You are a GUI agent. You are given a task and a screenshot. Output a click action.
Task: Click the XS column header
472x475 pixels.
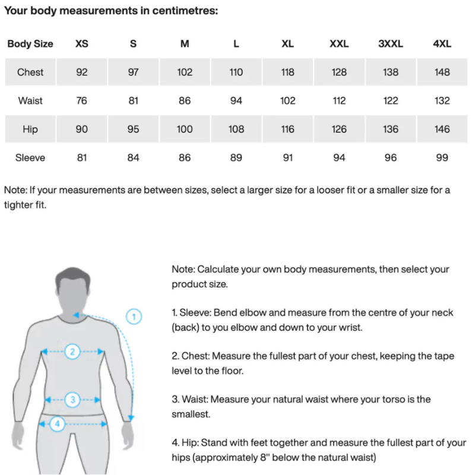82,44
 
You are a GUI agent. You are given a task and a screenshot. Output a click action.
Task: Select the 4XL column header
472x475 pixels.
442,44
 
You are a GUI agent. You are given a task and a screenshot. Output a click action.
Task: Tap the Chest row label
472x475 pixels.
30,72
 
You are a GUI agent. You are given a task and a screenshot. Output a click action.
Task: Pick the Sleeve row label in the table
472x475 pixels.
31,158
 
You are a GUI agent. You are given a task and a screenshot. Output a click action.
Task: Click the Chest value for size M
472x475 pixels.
185,72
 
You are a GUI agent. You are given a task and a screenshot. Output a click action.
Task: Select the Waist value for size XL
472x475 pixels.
287,101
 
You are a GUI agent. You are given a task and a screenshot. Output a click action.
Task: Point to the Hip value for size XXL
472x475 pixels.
339,129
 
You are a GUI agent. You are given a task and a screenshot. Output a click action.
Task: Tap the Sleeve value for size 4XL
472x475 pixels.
442,158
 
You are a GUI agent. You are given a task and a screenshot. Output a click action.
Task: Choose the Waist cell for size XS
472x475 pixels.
82,101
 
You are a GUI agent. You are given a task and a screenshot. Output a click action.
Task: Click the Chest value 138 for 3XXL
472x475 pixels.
391,72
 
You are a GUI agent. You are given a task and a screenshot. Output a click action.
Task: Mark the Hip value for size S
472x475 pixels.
134,129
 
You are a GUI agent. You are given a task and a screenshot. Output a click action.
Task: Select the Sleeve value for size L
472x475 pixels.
236,158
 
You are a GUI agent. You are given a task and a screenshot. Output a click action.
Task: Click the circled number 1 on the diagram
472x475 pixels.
134,316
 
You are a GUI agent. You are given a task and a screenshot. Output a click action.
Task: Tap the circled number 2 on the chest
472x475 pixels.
72,351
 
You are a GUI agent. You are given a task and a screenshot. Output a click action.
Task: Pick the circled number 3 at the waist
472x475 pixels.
72,400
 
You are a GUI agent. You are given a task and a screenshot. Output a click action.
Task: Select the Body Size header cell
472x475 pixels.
30,44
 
